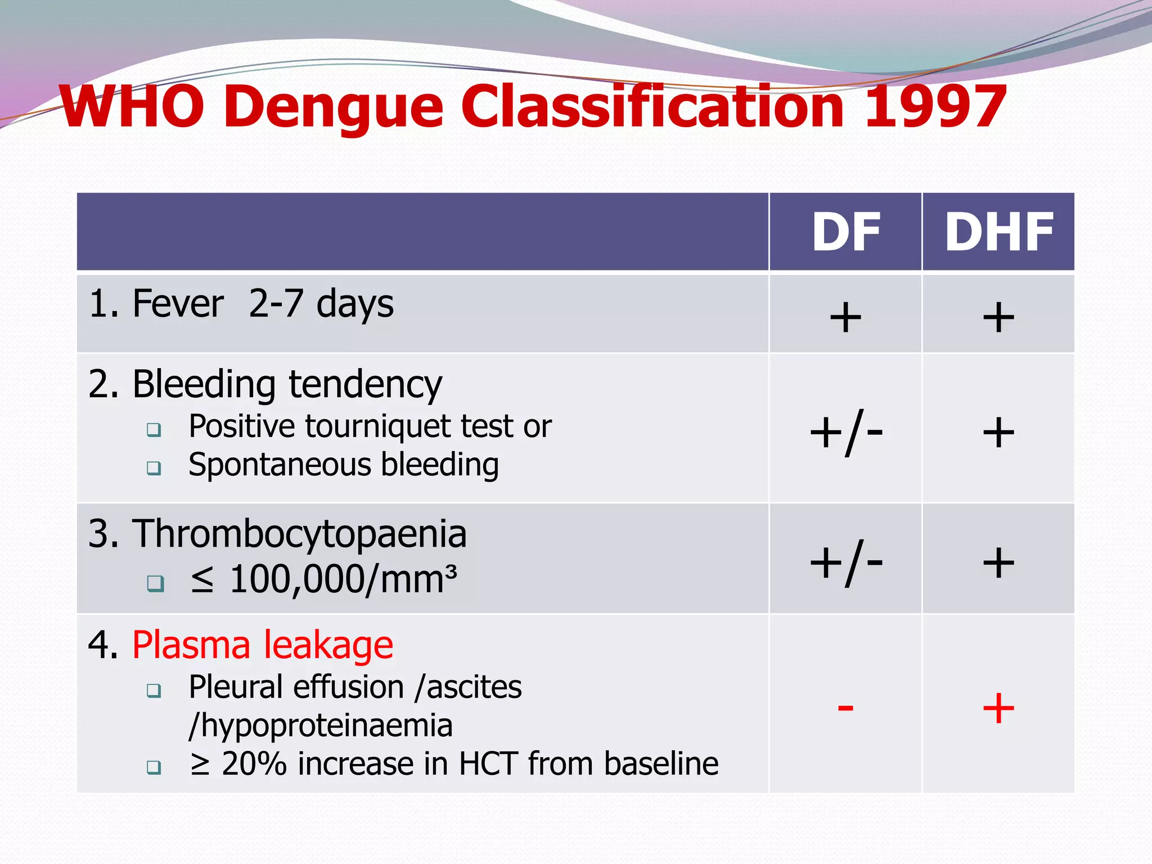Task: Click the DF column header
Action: pos(845,232)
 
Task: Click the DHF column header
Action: pos(998,232)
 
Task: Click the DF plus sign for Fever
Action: pos(845,317)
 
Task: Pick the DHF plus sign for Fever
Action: pos(998,317)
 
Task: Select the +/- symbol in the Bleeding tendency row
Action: pos(846,434)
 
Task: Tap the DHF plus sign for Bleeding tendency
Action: pos(998,433)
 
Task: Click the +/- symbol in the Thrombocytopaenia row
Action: pos(846,563)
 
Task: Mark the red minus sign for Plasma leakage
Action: pos(845,707)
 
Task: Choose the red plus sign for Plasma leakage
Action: pos(998,708)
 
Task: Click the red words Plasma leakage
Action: pos(263,645)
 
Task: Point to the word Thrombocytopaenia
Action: pos(299,534)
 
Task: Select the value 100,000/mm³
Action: pos(343,579)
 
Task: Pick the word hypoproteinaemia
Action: pos(327,726)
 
